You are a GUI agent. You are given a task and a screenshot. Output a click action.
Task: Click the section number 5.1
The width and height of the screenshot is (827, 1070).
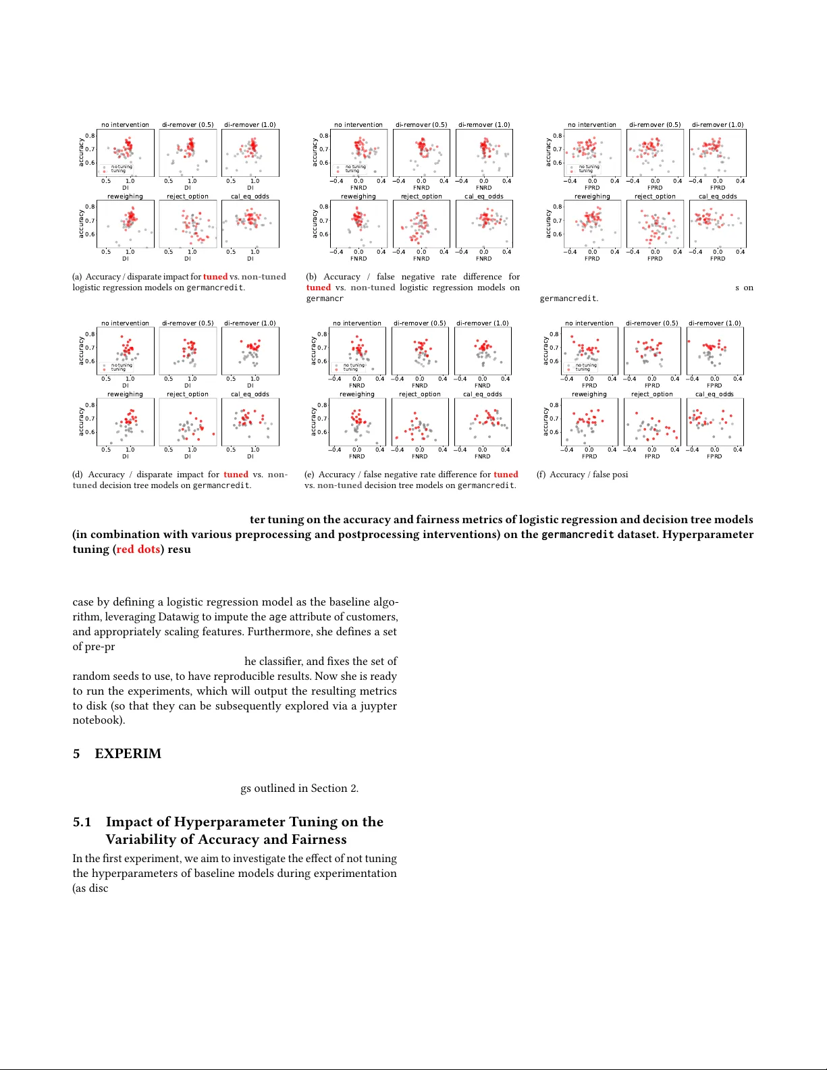click(82, 822)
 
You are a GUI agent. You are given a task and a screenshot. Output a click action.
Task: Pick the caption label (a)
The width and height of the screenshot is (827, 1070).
click(77, 277)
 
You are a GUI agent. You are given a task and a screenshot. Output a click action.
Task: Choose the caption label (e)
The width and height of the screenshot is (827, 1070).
click(309, 475)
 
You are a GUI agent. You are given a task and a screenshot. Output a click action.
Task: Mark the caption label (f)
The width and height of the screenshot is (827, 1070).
click(541, 475)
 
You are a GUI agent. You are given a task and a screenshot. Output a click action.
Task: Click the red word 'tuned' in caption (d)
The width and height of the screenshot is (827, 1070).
click(236, 475)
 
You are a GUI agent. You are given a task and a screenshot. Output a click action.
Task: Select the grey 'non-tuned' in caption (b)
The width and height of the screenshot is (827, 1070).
click(373, 288)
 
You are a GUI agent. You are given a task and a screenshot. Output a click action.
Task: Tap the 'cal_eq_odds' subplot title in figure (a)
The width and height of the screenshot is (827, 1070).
click(250, 196)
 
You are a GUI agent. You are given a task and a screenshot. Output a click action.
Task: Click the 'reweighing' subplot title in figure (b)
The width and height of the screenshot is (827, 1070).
click(358, 196)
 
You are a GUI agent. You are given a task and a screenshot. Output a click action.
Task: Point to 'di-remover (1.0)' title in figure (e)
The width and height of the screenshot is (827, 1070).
click(482, 323)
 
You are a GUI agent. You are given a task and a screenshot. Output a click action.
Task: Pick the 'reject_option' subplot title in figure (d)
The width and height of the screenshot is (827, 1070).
click(188, 394)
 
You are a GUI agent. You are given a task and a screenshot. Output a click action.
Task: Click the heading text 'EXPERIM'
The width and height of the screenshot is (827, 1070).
click(128, 754)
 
